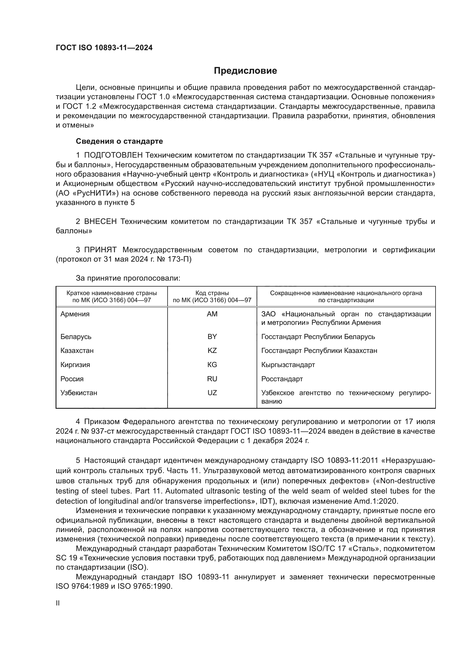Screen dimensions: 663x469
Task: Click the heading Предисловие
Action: pos(245,71)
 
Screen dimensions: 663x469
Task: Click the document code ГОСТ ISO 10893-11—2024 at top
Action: pos(104,48)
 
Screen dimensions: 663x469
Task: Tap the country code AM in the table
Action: pos(212,314)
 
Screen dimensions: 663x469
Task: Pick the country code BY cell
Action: pos(212,336)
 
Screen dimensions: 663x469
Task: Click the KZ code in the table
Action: pos(212,351)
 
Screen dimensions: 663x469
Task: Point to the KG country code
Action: pos(212,365)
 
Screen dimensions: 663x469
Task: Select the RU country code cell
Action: pos(212,379)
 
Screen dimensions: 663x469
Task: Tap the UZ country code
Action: pos(212,393)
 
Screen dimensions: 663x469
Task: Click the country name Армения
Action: pos(75,314)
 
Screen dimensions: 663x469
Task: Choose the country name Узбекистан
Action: pos(79,393)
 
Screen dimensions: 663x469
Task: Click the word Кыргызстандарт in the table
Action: pos(288,365)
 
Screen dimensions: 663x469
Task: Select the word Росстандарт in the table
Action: pos(282,379)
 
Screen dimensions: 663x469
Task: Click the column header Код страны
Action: pos(212,293)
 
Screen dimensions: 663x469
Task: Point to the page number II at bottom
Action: pos(58,603)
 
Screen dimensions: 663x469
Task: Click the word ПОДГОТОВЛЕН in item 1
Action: pos(113,155)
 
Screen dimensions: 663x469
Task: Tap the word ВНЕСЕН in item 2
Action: pos(100,221)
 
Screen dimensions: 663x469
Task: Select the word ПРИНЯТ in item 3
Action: pos(100,250)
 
